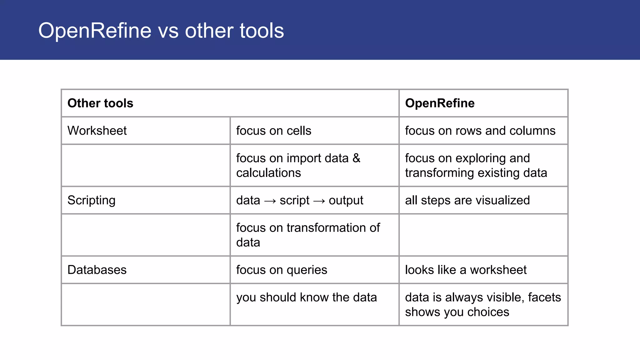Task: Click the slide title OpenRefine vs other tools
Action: tap(161, 31)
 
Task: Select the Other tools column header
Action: tap(100, 103)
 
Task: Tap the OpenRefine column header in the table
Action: tap(440, 103)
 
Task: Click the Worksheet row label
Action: tap(97, 131)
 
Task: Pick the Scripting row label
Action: tap(91, 200)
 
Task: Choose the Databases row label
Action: tap(97, 270)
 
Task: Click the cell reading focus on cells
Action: tap(273, 131)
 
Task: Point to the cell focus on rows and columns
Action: tap(480, 131)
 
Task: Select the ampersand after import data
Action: tap(357, 158)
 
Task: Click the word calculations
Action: tap(268, 173)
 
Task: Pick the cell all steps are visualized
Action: tap(467, 200)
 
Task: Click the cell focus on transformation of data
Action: tap(308, 235)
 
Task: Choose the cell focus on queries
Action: tap(282, 270)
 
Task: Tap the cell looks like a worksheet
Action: tap(466, 270)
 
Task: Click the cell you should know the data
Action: tap(306, 297)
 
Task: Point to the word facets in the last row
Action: tap(544, 297)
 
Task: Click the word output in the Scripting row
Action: tap(346, 200)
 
